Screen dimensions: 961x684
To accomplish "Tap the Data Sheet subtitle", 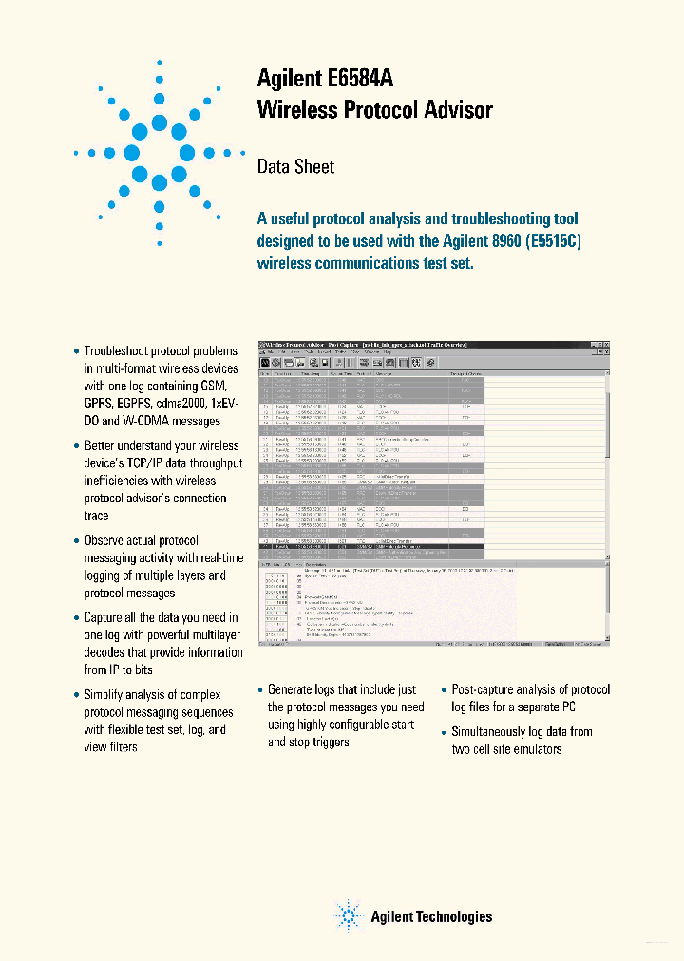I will point(295,167).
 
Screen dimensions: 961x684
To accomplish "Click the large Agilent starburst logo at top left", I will point(159,151).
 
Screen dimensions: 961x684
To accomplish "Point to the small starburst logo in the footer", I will point(349,915).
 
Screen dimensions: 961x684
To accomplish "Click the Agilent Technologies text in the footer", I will point(430,916).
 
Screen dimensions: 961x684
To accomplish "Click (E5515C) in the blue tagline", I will point(552,241).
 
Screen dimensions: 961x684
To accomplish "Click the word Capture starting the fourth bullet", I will point(105,617).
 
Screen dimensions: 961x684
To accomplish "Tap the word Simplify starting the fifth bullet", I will point(107,695).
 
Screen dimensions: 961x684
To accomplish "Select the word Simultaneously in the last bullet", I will point(495,731).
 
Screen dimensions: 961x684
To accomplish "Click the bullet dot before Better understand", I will point(76,446).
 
